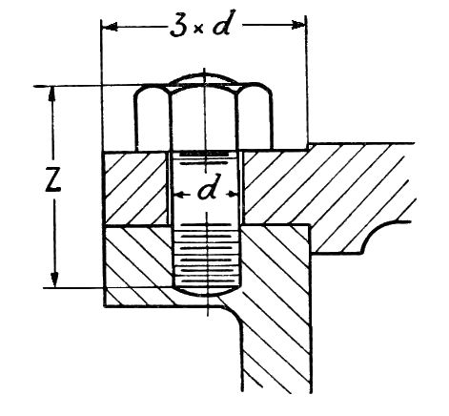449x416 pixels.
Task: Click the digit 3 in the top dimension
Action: (x=177, y=26)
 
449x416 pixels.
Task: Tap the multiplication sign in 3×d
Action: (x=198, y=30)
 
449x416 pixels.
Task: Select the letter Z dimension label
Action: (x=52, y=179)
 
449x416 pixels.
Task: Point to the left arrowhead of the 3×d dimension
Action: (x=110, y=27)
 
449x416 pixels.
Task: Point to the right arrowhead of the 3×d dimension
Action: (x=298, y=25)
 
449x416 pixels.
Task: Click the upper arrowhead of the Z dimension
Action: (x=52, y=94)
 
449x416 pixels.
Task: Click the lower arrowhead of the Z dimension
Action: (x=55, y=280)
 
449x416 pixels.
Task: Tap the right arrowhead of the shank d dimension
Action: (x=234, y=193)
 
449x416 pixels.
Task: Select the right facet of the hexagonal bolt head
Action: (x=255, y=116)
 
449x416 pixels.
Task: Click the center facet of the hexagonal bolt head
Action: (x=204, y=118)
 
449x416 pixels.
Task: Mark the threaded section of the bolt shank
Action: (x=207, y=255)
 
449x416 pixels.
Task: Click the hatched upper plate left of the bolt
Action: (x=136, y=188)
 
